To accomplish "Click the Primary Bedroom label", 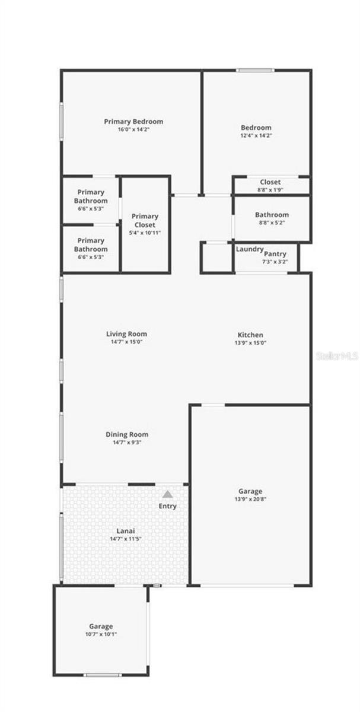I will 133,122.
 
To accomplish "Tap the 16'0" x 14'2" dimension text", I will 133,129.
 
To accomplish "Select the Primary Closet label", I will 145,221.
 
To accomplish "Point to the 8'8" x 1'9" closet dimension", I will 270,190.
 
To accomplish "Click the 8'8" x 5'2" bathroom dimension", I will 272,223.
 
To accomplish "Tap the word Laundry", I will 249,249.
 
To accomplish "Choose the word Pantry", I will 275,254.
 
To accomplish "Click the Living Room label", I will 127,334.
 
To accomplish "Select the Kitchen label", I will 250,335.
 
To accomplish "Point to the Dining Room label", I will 127,434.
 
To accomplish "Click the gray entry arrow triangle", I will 168,494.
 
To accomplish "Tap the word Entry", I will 168,506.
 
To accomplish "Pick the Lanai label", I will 125,531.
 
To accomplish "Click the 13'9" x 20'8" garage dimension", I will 250,500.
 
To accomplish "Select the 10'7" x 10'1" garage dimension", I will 101,634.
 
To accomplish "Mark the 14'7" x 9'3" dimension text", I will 127,442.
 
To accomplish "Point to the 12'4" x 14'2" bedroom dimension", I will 256,135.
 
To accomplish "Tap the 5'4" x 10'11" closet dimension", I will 145,233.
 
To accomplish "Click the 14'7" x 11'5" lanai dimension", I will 125,539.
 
